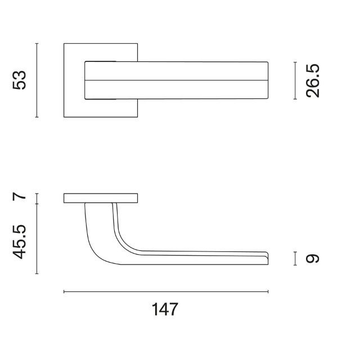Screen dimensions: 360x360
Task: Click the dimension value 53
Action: click(19, 80)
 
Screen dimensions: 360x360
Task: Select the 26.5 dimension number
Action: click(313, 81)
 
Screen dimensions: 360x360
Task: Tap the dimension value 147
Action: click(165, 309)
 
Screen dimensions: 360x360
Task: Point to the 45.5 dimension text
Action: click(19, 242)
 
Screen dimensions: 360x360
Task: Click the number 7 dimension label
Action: click(19, 197)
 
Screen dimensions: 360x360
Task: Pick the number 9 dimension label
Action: click(313, 259)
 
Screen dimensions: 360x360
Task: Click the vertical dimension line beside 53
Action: click(37, 80)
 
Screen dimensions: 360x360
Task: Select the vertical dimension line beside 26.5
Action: click(295, 80)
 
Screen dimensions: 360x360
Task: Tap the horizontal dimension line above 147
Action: click(166, 291)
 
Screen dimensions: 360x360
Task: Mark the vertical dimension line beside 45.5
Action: click(37, 238)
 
